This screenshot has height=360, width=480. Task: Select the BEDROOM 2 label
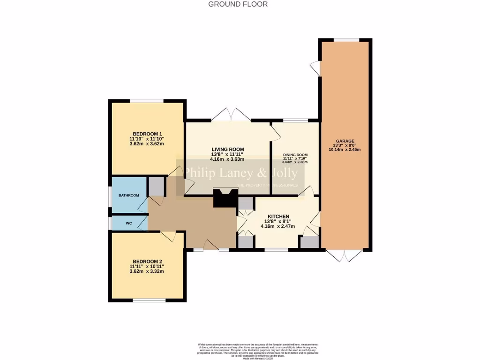(x=147, y=262)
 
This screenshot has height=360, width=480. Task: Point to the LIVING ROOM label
(x=228, y=149)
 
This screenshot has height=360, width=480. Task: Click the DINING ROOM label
(x=295, y=155)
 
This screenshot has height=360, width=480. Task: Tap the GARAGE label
(x=345, y=141)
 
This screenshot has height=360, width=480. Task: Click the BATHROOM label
(x=128, y=195)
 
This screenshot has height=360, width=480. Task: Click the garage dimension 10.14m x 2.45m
(x=345, y=150)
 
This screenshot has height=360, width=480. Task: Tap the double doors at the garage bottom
(x=345, y=255)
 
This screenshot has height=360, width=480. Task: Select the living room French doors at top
(x=231, y=115)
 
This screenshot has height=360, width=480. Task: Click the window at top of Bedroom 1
(x=147, y=101)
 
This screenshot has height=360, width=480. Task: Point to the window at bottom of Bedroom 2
(x=149, y=300)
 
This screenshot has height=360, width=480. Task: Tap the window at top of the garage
(x=346, y=40)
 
